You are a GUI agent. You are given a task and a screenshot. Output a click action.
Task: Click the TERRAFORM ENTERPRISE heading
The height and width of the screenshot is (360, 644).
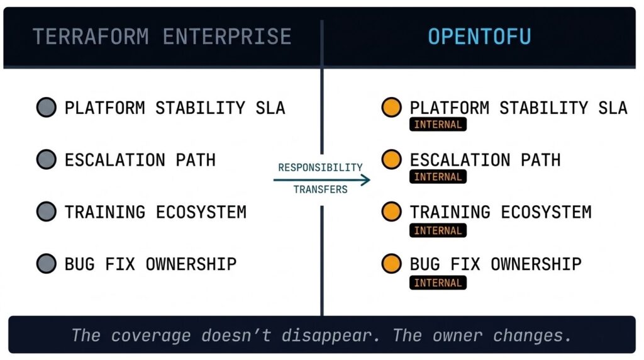point(162,37)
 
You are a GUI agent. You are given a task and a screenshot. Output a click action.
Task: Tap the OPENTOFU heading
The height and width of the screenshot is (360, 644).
point(479,37)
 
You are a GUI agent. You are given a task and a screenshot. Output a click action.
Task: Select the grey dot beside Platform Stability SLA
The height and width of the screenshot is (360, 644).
point(47,108)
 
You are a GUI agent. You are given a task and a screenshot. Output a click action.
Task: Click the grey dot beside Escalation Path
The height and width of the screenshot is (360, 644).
point(47,160)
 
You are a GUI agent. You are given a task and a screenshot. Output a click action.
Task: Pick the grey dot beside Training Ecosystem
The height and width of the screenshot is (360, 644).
point(47,212)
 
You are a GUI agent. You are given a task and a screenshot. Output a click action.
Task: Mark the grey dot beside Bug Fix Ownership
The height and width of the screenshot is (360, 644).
point(47,264)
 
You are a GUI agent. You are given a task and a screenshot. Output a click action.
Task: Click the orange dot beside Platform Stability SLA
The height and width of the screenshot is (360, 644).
point(392,108)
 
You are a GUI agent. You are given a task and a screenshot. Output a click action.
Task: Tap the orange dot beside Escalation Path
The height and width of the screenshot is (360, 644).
point(392,160)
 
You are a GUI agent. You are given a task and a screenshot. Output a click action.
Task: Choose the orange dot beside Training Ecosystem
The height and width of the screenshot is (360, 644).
point(392,212)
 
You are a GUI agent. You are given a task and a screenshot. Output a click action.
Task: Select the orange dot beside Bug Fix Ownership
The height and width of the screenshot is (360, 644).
point(392,264)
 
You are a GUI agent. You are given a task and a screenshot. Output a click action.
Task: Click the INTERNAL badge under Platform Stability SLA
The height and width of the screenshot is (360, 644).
point(438,125)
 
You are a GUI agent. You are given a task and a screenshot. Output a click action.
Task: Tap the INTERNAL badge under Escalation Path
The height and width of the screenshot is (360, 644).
point(438,177)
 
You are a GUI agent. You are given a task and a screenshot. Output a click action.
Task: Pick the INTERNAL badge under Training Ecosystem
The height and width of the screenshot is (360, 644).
point(438,230)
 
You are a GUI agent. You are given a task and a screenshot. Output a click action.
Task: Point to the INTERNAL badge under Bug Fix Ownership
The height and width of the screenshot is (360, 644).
point(438,283)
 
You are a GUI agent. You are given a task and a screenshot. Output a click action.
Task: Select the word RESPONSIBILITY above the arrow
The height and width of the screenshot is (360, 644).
point(320,167)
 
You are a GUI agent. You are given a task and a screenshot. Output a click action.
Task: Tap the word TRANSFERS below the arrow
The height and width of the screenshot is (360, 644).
point(320,189)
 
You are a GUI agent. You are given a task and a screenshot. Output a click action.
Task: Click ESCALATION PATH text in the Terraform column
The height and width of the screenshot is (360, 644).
point(140,160)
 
